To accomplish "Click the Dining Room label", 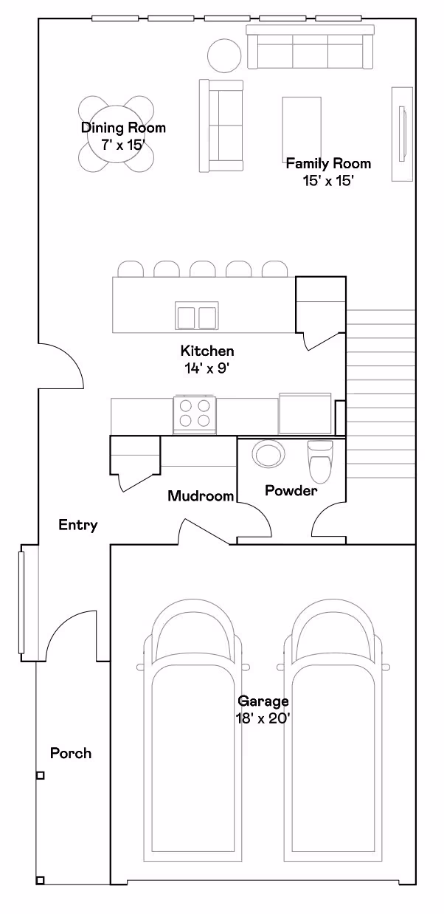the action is pyautogui.click(x=123, y=128).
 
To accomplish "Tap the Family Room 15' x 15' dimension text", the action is pyautogui.click(x=327, y=181).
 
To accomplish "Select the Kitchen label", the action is pyautogui.click(x=207, y=351).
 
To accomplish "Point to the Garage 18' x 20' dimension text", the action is pyautogui.click(x=263, y=718).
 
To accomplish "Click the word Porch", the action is pyautogui.click(x=71, y=753).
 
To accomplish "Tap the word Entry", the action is pyautogui.click(x=78, y=525).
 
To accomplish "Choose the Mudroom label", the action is pyautogui.click(x=201, y=496).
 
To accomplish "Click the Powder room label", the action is pyautogui.click(x=291, y=490).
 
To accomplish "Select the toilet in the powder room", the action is pyautogui.click(x=321, y=461).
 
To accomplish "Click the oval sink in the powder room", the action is pyautogui.click(x=268, y=454).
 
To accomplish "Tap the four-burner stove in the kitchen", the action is pyautogui.click(x=195, y=414).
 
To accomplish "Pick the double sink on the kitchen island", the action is pyautogui.click(x=196, y=315).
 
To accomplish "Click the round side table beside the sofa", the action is pyautogui.click(x=224, y=55).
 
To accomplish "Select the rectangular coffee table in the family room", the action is pyautogui.click(x=302, y=126).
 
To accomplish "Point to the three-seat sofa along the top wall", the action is pyautogui.click(x=311, y=47).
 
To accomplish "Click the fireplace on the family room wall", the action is pyautogui.click(x=403, y=134).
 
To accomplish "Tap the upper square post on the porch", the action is pyautogui.click(x=40, y=775).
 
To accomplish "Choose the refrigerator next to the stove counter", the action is pyautogui.click(x=305, y=413).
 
